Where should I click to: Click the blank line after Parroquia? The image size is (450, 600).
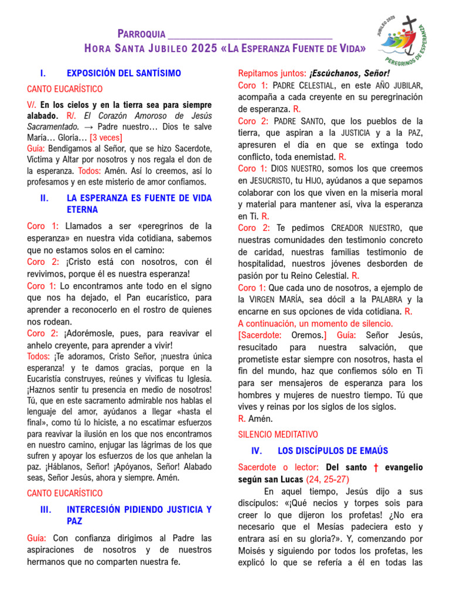(250, 34)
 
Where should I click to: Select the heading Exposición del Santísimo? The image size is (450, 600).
(124, 73)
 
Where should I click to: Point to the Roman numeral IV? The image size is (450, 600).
(255, 451)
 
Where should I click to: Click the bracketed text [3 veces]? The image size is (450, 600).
(106, 137)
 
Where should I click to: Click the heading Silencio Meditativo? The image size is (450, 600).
(278, 435)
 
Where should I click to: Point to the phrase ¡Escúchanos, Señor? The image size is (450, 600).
(349, 73)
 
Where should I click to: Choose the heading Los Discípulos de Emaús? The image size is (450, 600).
(332, 451)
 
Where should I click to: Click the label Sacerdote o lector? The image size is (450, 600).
(278, 468)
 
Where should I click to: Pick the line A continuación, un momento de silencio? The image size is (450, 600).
(315, 323)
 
